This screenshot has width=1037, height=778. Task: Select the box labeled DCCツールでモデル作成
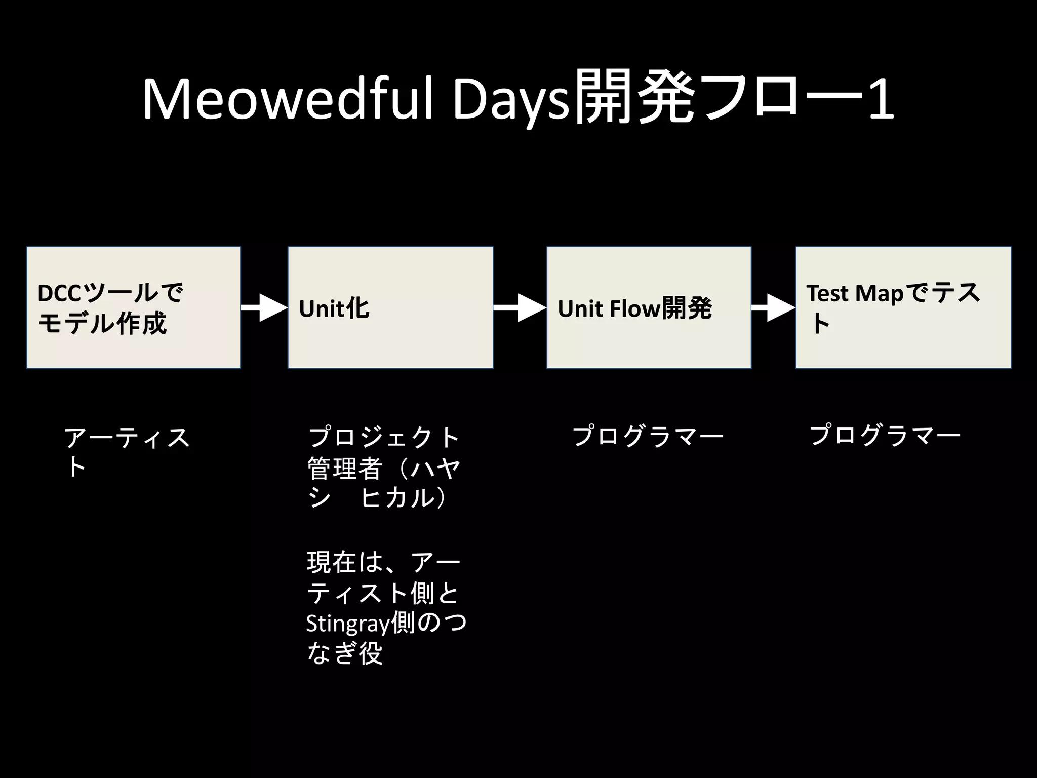133,307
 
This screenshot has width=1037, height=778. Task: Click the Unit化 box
390,307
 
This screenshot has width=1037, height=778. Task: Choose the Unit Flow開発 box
649,307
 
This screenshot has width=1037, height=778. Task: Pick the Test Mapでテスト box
903,307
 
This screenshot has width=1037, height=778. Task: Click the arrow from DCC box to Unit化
264,307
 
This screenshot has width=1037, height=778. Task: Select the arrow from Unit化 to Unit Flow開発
520,307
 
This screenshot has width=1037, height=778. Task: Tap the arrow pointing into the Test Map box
773,307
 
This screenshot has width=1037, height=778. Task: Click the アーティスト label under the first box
127,451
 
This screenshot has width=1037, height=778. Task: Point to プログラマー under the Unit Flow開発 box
648,436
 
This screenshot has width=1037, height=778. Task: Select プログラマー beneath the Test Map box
885,435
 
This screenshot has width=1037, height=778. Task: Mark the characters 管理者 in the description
344,469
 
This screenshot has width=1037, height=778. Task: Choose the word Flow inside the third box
635,308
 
